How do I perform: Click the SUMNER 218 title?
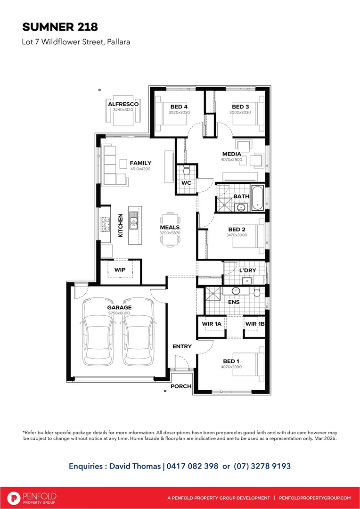tap(60, 26)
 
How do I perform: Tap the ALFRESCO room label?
tap(123, 104)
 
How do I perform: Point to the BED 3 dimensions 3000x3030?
tap(240, 113)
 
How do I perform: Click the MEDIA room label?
tap(231, 154)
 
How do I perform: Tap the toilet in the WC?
tap(186, 170)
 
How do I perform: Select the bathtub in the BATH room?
tap(257, 198)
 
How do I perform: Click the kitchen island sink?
tap(134, 221)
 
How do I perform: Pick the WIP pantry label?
tap(120, 270)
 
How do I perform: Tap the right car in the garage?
tap(138, 332)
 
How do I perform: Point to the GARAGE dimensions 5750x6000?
tap(119, 313)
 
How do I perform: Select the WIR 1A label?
tap(211, 324)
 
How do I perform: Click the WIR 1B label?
tap(254, 324)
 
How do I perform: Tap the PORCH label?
tap(181, 386)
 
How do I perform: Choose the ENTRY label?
tap(182, 346)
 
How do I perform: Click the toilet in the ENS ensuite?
tap(257, 293)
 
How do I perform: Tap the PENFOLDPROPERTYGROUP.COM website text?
tap(315, 498)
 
